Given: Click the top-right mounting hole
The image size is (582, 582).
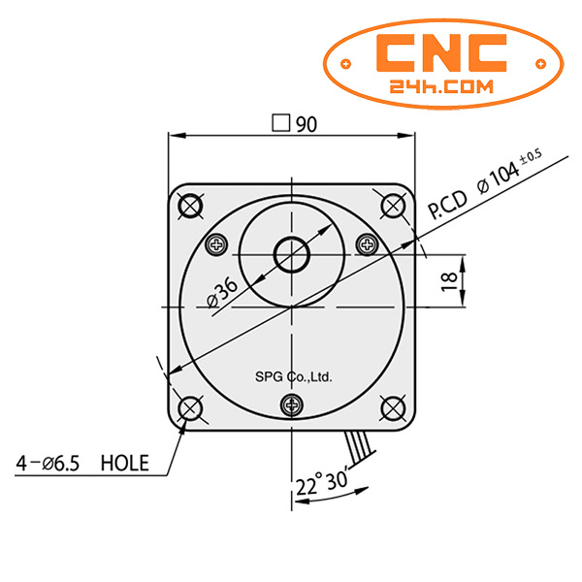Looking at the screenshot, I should coord(393,206).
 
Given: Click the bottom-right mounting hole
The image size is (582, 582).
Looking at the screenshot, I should coord(393,407).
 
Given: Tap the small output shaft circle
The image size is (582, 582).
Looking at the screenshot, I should coord(291,255).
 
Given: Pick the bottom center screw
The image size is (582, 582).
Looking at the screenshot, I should coord(291,404).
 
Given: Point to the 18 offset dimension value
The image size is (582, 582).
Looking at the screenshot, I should coord(448,281).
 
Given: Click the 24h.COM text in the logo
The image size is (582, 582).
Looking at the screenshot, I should coord(441,86).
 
